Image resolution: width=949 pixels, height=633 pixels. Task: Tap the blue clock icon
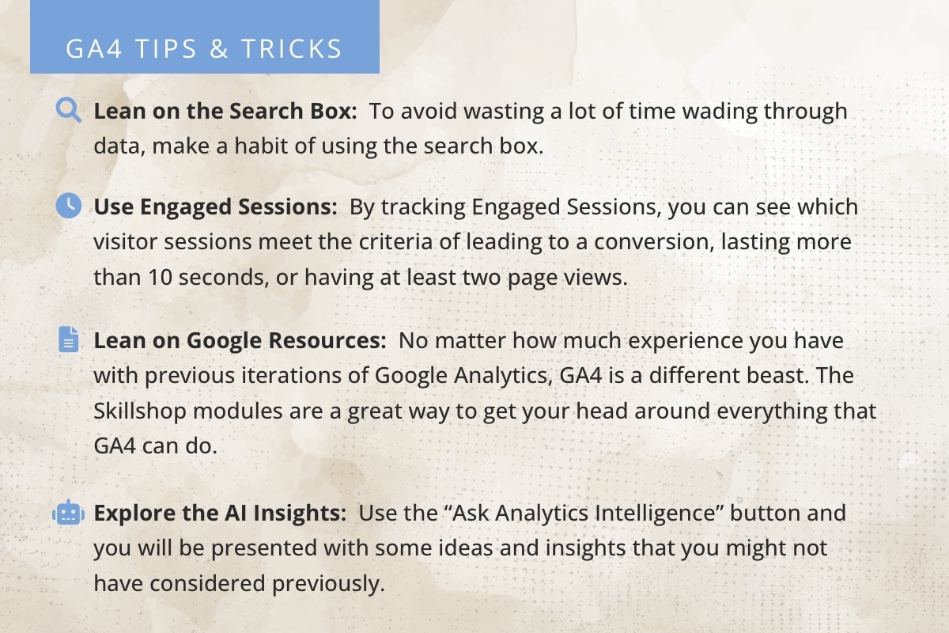(x=69, y=206)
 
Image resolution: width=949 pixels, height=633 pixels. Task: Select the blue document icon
(x=69, y=339)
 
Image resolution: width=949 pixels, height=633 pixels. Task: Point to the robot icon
(x=68, y=513)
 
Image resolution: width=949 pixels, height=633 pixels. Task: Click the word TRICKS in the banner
(x=292, y=48)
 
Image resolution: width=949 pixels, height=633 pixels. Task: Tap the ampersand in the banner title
(x=219, y=48)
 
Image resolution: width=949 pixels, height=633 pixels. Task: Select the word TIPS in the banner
(x=166, y=48)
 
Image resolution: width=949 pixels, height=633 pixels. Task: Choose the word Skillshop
(x=140, y=411)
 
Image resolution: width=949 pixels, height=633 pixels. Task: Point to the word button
(x=766, y=513)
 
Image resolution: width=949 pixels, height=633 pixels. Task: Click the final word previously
(x=328, y=584)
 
